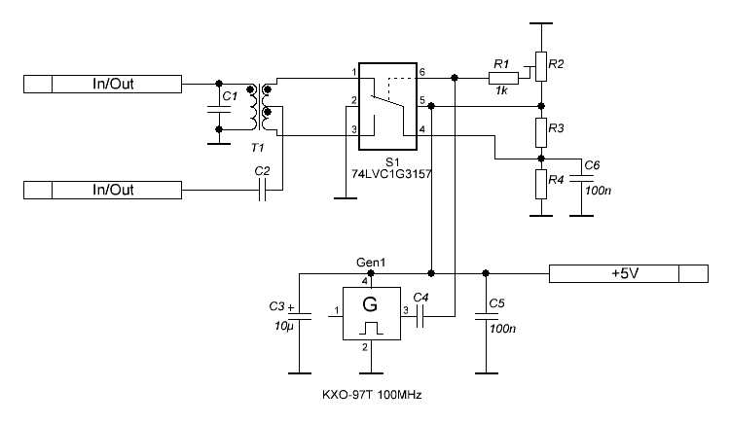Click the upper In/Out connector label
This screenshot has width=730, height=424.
112,84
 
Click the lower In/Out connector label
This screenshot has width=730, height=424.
112,190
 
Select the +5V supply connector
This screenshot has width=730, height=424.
623,273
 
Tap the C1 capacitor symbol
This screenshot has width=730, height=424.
217,112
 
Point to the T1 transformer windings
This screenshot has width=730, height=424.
260,107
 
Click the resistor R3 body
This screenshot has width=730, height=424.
540,129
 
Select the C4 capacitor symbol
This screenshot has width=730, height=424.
421,313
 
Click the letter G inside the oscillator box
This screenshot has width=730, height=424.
370,304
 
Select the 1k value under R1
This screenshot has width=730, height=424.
501,89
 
